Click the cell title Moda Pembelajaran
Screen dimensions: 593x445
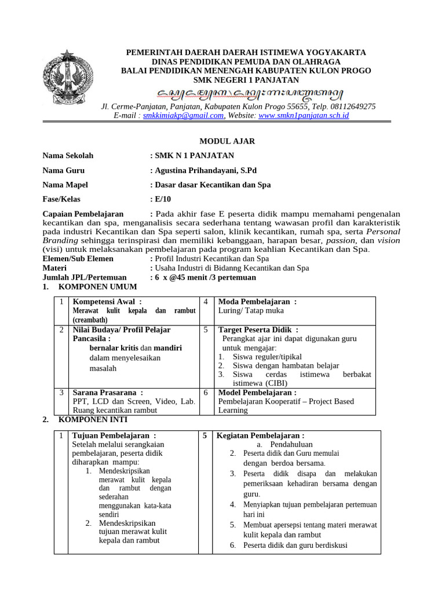[257, 302]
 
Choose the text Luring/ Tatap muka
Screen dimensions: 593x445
[250, 310]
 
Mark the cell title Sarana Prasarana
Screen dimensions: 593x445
[107, 392]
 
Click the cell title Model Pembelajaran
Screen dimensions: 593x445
[257, 392]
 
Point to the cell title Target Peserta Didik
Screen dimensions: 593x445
[258, 330]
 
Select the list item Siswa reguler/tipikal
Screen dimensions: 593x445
[267, 357]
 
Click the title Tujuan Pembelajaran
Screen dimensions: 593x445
[114, 435]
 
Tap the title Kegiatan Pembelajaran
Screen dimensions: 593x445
[260, 435]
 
